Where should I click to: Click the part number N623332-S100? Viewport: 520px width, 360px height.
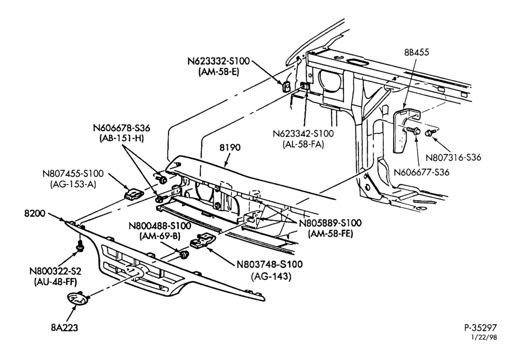(218, 62)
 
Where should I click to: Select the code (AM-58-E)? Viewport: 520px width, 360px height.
(218, 72)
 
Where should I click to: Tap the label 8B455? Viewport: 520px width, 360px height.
(416, 53)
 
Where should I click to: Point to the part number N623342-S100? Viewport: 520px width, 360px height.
(303, 134)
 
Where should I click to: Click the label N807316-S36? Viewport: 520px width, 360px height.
(453, 157)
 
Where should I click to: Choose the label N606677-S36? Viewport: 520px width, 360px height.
(421, 173)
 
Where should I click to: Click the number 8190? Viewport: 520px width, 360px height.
(230, 147)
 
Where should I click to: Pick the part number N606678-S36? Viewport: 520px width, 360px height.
(121, 128)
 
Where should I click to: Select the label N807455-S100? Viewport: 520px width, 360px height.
(73, 174)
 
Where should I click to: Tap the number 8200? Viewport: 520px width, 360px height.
(34, 213)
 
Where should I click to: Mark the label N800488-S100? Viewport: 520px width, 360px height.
(160, 226)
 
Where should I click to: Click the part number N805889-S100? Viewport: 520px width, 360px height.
(330, 223)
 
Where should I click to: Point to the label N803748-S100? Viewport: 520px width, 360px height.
(269, 264)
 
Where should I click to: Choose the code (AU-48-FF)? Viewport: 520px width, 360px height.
(56, 282)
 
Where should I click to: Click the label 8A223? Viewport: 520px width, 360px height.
(64, 328)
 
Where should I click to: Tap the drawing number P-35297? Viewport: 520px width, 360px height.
(480, 328)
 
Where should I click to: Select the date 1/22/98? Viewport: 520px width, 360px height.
(484, 338)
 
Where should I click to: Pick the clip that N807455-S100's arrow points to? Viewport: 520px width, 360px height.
(134, 194)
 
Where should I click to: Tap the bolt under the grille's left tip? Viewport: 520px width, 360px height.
(80, 247)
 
